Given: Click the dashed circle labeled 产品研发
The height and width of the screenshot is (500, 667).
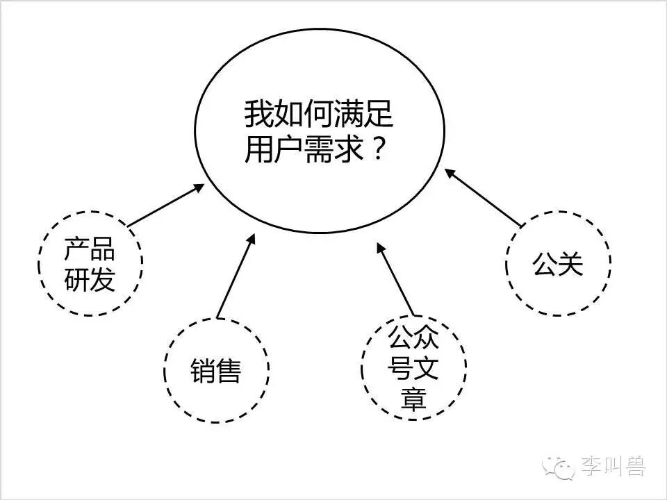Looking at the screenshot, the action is click(90, 263).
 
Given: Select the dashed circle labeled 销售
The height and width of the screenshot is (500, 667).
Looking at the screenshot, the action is click(216, 370).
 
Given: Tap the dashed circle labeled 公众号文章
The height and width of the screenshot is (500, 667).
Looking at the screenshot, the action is click(414, 368).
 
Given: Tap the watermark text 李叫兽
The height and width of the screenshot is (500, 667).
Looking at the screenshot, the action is click(613, 467).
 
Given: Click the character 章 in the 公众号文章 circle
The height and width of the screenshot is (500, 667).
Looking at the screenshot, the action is click(414, 399).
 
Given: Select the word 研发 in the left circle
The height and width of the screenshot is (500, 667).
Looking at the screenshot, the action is click(90, 279).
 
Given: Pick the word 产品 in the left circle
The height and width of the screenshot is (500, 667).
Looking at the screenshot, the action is click(90, 248).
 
